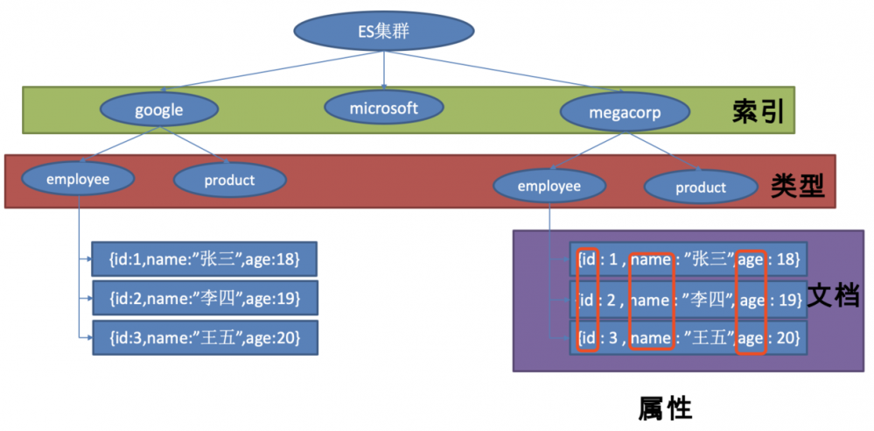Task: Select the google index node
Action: pos(158,110)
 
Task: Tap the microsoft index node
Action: pos(383,108)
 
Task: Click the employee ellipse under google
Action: pos(78,179)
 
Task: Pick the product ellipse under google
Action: pos(229,180)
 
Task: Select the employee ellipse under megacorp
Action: pos(549,186)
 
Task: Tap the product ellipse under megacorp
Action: pos(700,187)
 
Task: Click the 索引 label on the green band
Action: pos(758,112)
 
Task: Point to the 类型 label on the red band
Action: pos(797,184)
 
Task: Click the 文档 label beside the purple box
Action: pos(832,294)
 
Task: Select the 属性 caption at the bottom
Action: pos(665,408)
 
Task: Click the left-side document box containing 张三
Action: pos(204,259)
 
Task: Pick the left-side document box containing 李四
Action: pos(204,298)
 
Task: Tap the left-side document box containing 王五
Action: pos(204,337)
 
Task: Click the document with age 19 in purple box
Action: pos(688,299)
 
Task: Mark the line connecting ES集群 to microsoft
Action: pos(385,72)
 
